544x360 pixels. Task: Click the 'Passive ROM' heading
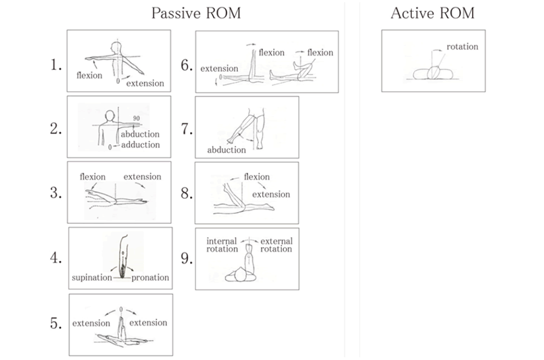click(x=195, y=13)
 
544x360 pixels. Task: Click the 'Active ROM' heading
click(x=432, y=13)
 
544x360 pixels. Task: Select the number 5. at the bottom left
click(x=55, y=324)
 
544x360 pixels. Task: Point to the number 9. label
click(x=186, y=259)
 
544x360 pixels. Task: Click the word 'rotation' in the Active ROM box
click(x=462, y=47)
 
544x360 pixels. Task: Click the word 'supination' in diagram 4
click(x=92, y=277)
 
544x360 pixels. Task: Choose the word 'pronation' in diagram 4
click(x=150, y=277)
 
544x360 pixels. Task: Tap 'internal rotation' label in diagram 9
click(x=222, y=245)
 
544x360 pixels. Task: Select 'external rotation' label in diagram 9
click(x=276, y=245)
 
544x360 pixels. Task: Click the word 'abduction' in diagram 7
click(x=226, y=150)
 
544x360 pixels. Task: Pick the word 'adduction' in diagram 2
click(x=140, y=145)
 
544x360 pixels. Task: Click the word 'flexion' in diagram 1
click(x=89, y=75)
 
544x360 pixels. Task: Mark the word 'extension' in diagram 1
click(x=145, y=83)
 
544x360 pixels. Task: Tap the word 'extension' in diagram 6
click(x=219, y=69)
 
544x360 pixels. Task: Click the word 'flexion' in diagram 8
click(x=257, y=177)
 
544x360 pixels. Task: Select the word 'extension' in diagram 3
click(x=142, y=177)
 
